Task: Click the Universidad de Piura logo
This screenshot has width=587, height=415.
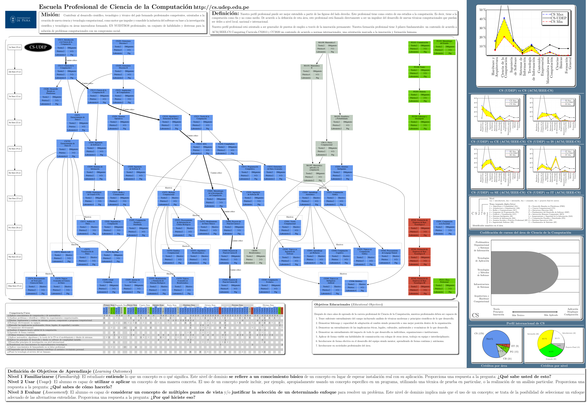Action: tap(21, 19)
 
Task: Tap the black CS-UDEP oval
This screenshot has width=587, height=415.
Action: tap(38, 47)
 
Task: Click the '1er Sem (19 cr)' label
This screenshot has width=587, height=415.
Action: tap(15, 47)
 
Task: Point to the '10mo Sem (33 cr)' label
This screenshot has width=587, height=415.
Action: tap(15, 286)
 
